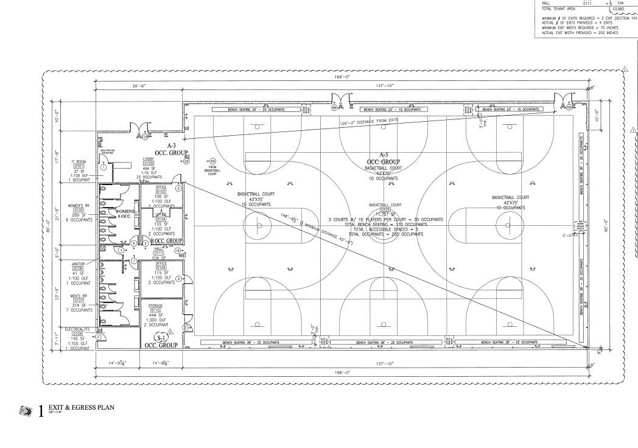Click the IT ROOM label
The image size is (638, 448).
[79, 161]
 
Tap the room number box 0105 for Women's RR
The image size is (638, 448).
[79, 210]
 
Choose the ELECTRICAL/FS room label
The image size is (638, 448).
[78, 330]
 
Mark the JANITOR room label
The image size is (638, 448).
[78, 264]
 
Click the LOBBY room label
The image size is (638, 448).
[149, 159]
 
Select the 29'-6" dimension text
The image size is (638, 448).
[139, 86]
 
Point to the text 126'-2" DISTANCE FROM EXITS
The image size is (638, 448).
[369, 123]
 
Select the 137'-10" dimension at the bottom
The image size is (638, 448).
[383, 363]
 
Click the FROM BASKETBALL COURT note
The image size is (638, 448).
[213, 169]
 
